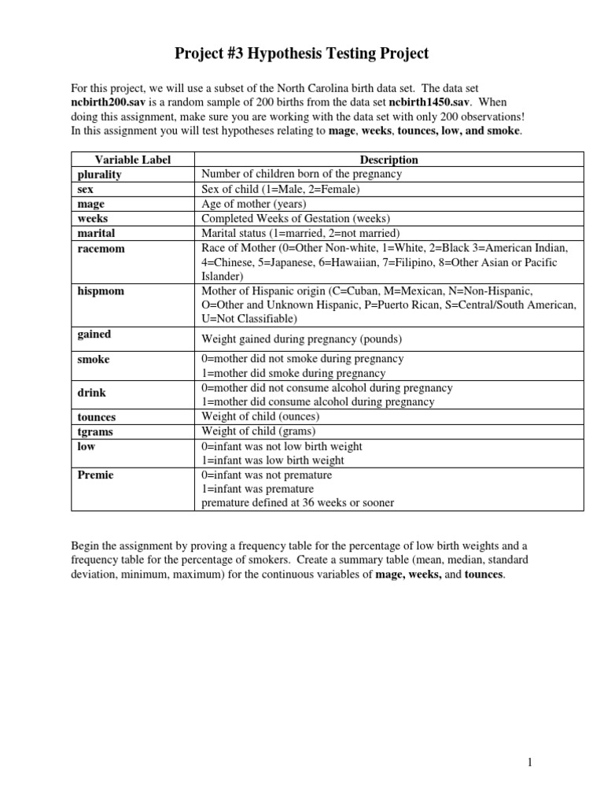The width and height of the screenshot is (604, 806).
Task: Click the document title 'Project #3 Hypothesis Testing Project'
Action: [301, 54]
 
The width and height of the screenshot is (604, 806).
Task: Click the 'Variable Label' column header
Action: [132, 160]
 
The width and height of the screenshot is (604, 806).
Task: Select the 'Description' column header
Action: [389, 160]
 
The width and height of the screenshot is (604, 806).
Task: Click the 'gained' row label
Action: [94, 335]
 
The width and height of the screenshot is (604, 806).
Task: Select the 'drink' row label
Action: [92, 392]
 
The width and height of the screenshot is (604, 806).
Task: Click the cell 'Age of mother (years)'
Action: [254, 204]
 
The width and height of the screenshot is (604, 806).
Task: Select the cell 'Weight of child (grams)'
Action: [259, 431]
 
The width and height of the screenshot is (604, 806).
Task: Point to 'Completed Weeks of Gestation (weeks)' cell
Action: [295, 218]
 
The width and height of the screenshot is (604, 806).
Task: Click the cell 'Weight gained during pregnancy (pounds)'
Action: [302, 339]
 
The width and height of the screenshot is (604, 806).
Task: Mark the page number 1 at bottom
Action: [531, 762]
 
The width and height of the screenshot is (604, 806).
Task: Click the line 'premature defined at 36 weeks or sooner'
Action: [298, 503]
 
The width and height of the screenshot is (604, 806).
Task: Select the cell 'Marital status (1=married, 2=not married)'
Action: [301, 233]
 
